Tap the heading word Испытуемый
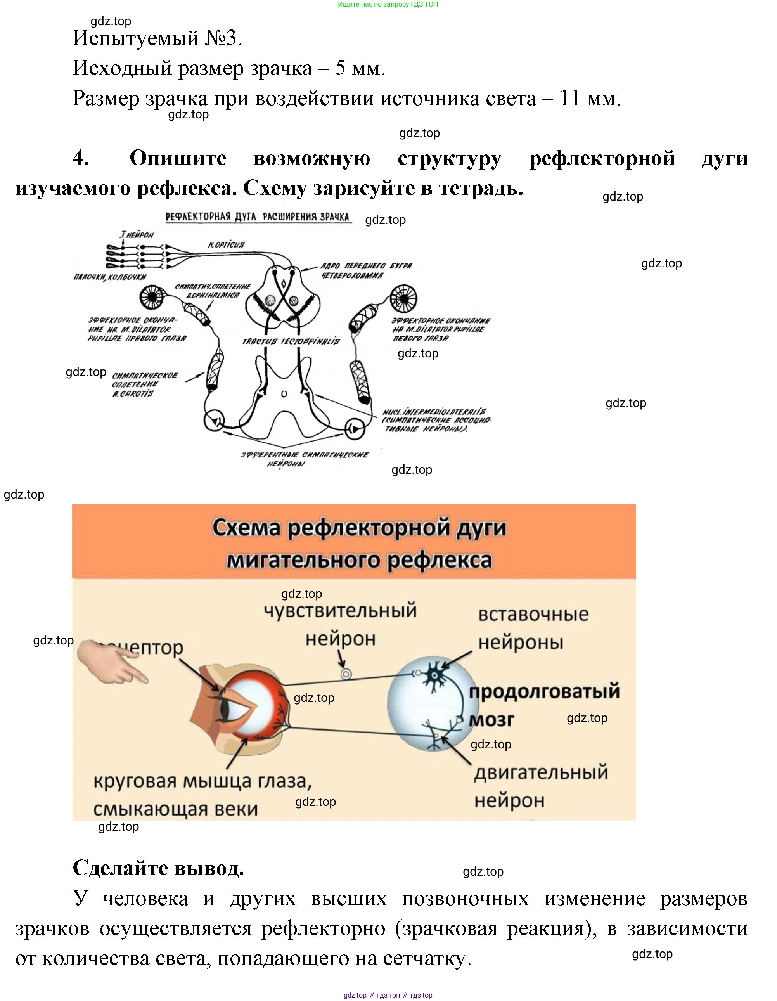point(135,38)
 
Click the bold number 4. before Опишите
point(81,159)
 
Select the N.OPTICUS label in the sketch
point(226,245)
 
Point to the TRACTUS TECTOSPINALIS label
point(291,341)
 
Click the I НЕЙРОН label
point(137,235)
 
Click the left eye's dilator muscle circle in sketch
point(152,297)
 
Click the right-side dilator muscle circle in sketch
point(403,298)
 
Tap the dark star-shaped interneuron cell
point(433,673)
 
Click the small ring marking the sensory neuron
point(346,674)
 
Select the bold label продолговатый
point(544,691)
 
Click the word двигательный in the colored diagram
point(541,773)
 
